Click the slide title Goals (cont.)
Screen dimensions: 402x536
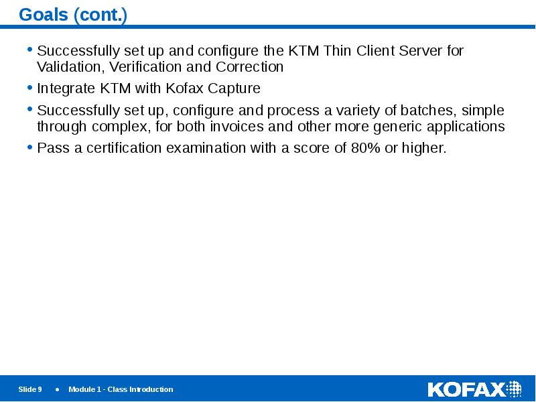coord(73,14)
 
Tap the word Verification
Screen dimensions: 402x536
coord(142,67)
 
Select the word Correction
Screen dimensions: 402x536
coord(249,67)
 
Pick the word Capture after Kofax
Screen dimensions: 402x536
coord(235,88)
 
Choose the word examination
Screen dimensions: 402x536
coord(200,148)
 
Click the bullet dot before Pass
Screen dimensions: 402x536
coord(29,147)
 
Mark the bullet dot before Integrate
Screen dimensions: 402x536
coord(29,87)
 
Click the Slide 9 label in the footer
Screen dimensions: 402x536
coord(30,389)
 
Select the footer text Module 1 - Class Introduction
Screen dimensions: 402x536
coord(121,389)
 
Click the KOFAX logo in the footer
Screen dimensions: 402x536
coord(474,389)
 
